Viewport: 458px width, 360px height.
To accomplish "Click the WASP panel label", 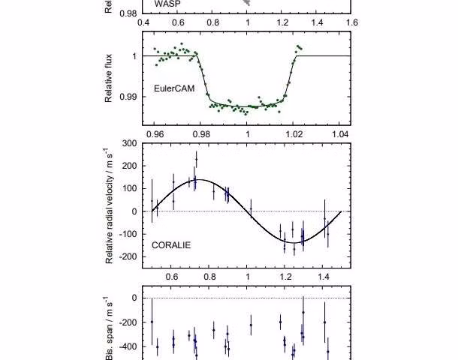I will (167, 4).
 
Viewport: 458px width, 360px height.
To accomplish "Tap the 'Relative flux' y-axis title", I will (110, 77).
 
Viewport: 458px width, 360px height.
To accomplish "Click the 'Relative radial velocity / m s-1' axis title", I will (110, 203).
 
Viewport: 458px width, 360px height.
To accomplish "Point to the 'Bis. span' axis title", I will (110, 334).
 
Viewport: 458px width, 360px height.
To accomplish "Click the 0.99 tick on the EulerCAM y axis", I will (129, 97).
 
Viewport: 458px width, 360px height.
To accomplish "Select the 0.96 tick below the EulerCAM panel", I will (155, 135).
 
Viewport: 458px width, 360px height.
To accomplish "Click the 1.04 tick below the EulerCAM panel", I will (340, 135).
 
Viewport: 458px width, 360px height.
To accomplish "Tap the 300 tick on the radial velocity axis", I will (128, 143).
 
